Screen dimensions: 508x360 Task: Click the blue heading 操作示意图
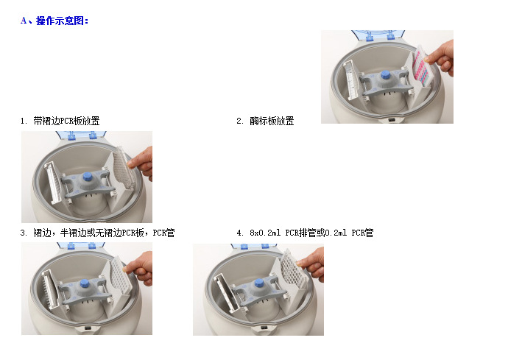61,21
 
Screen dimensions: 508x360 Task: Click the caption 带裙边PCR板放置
66,121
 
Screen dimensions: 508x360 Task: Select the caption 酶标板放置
272,121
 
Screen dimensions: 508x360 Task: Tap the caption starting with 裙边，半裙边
104,233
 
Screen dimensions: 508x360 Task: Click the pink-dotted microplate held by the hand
422,67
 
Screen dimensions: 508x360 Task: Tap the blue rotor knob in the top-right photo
386,75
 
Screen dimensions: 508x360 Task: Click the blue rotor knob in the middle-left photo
87,177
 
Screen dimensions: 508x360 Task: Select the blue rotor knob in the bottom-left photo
85,283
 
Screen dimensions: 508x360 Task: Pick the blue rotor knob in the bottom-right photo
259,283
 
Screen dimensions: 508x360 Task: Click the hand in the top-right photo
442,57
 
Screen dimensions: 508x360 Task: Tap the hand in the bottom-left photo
140,268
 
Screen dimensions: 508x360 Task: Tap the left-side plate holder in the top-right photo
352,80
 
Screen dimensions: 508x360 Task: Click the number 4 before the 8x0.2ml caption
239,233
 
